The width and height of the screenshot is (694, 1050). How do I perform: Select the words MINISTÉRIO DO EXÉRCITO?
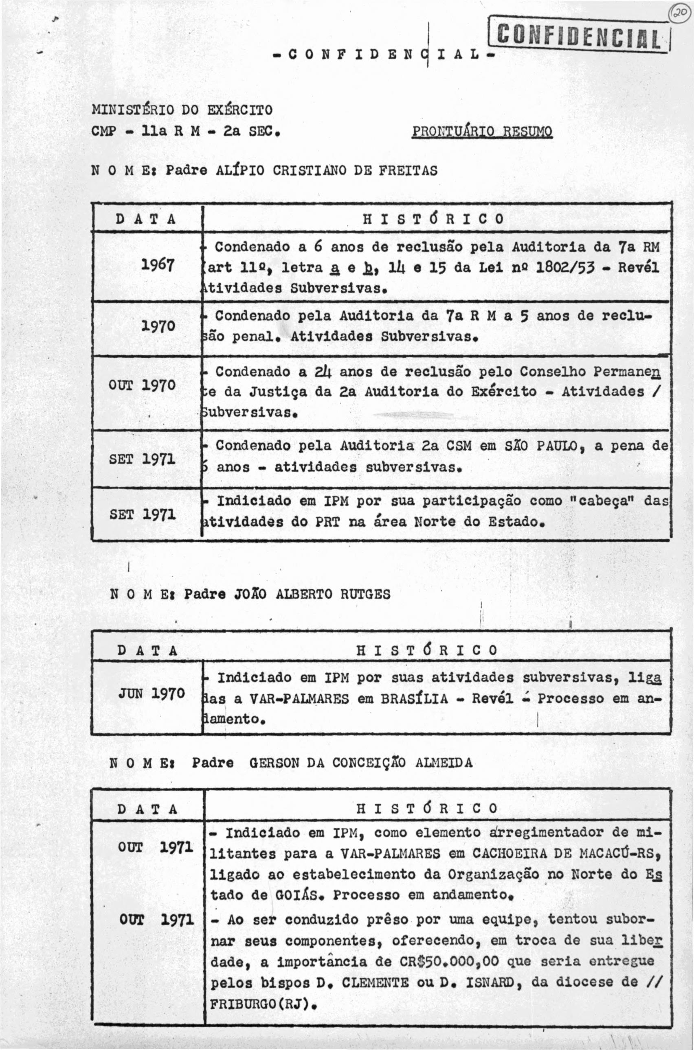(182, 109)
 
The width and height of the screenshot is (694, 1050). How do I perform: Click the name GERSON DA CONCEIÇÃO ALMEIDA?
(361, 763)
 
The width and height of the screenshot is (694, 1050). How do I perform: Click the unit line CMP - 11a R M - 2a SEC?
(185, 132)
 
